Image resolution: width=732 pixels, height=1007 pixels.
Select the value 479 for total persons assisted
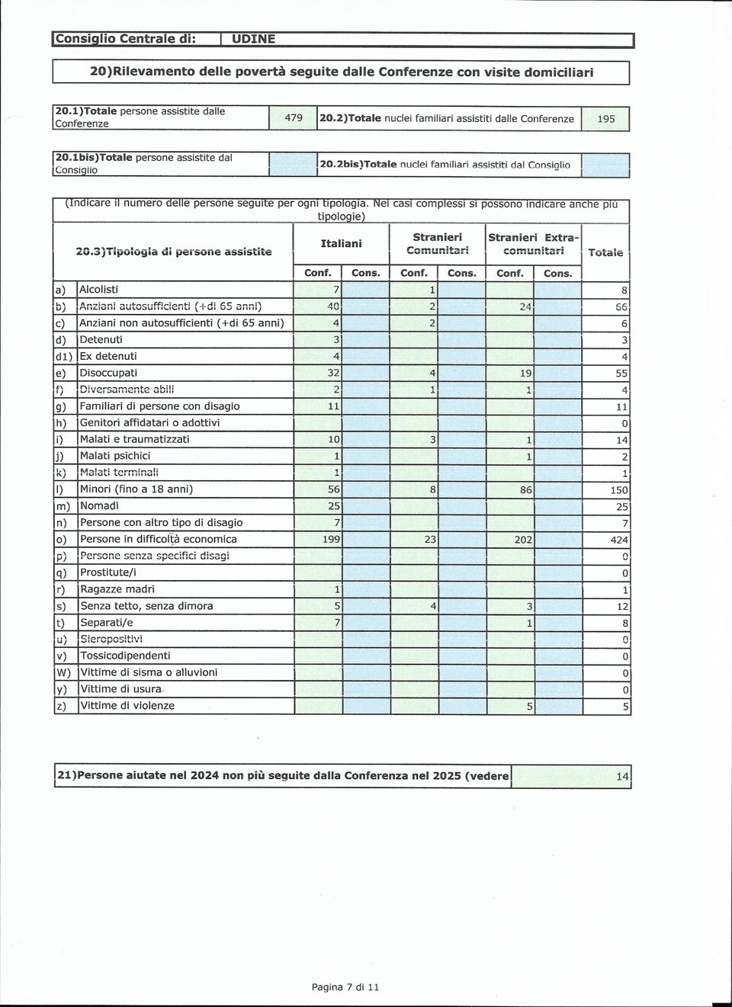(294, 118)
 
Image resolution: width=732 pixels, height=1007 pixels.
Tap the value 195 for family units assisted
(606, 119)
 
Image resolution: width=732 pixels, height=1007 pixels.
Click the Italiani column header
(341, 243)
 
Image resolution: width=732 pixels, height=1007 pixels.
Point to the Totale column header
(606, 252)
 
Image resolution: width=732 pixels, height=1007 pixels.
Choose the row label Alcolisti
(99, 290)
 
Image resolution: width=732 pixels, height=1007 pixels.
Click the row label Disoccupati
(108, 373)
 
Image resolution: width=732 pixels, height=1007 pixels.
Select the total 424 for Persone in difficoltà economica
(619, 540)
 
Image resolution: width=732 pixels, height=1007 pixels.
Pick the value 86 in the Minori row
(526, 490)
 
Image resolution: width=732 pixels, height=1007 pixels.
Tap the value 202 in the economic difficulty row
(523, 540)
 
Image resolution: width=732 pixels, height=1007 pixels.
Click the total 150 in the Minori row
(619, 490)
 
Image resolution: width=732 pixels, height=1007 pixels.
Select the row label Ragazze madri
(117, 589)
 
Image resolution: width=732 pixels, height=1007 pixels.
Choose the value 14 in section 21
(622, 777)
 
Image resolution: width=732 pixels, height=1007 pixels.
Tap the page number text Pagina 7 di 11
(345, 987)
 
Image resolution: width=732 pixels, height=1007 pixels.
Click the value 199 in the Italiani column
(331, 540)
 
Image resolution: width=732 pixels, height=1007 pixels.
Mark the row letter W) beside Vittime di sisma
(63, 672)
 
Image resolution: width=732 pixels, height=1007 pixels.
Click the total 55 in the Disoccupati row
(621, 374)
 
